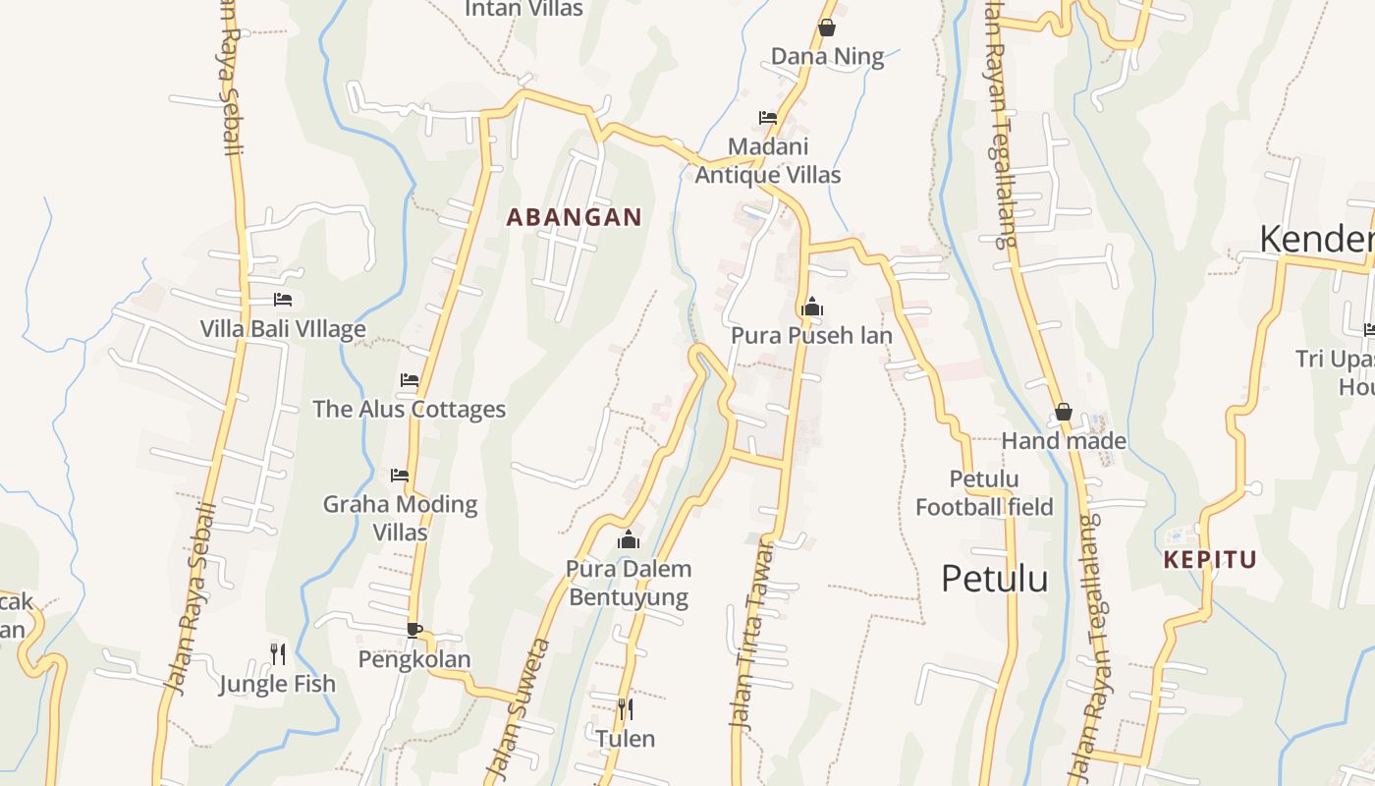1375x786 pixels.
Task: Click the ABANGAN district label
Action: click(574, 217)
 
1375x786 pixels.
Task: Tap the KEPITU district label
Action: click(1210, 560)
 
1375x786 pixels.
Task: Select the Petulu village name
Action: click(994, 579)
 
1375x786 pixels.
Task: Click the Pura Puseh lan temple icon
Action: click(811, 308)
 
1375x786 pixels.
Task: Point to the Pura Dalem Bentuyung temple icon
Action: click(629, 539)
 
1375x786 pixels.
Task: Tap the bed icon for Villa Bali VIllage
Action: click(283, 300)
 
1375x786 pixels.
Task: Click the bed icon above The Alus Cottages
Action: click(410, 380)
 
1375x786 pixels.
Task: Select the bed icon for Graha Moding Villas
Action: click(400, 476)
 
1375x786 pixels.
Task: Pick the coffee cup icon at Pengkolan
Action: click(413, 630)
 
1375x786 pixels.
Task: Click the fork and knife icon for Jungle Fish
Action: click(278, 652)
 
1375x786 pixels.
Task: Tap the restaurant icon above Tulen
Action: click(625, 707)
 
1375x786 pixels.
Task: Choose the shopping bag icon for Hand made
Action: click(1063, 412)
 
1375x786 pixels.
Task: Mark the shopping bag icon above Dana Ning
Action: click(827, 28)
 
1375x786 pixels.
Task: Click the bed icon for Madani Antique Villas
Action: click(768, 118)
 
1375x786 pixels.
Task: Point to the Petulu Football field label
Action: click(984, 493)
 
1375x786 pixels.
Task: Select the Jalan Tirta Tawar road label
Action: click(745, 648)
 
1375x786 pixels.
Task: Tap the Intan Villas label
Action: click(523, 9)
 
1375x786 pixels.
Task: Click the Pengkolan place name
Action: click(414, 659)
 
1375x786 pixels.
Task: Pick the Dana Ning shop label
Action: click(827, 57)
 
